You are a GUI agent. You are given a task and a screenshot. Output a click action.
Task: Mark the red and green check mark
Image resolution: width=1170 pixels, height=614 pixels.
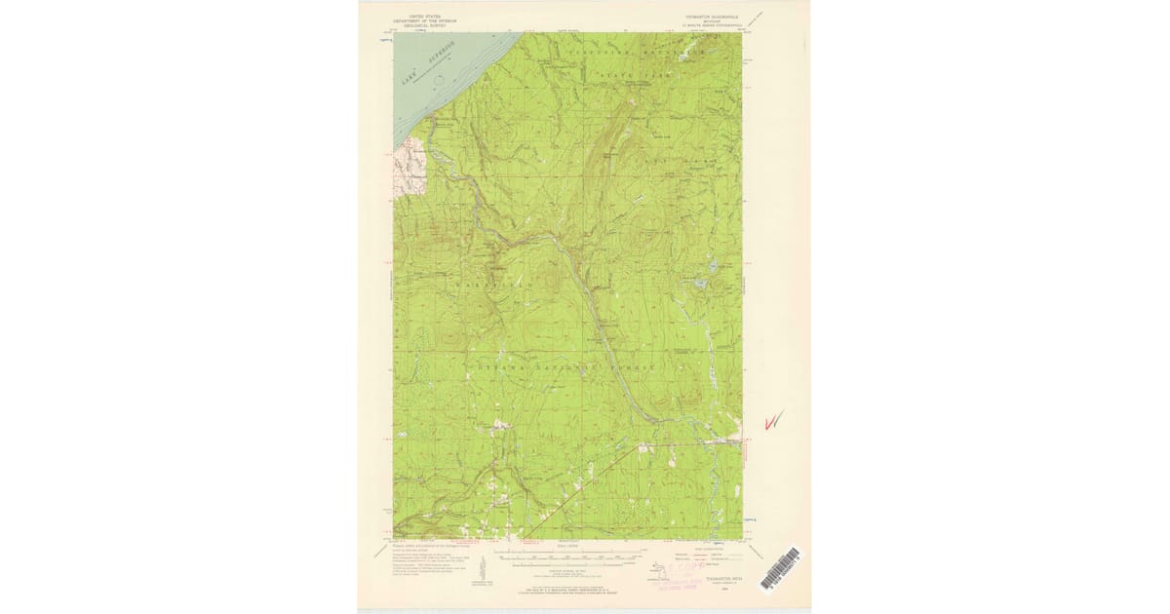point(774,421)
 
